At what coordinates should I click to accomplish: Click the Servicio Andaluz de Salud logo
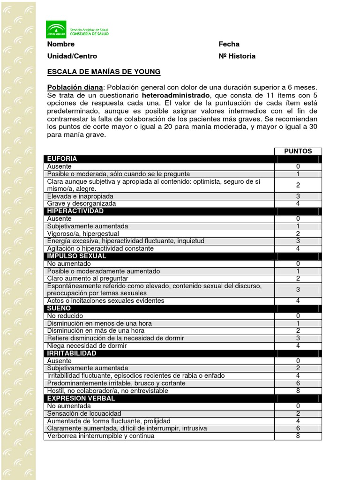click(x=77, y=30)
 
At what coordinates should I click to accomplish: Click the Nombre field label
click(x=61, y=44)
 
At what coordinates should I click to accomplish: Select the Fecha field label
click(x=229, y=44)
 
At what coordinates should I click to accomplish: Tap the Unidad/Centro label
click(x=72, y=56)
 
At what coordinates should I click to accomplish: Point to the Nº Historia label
click(x=237, y=56)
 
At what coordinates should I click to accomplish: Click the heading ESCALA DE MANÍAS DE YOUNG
click(x=104, y=72)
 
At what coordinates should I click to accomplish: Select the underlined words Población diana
click(x=75, y=87)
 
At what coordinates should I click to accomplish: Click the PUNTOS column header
click(x=298, y=151)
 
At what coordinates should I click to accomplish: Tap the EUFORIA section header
click(x=62, y=159)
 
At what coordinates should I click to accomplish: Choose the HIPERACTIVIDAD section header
click(x=75, y=211)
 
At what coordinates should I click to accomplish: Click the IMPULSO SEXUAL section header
click(x=77, y=256)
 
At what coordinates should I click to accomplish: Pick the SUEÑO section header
click(x=59, y=308)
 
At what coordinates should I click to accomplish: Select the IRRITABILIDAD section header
click(x=72, y=353)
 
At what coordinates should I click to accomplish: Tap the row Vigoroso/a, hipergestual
click(x=83, y=234)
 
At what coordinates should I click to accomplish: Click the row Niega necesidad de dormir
click(x=87, y=346)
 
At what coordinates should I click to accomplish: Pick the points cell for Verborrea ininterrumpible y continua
click(x=298, y=436)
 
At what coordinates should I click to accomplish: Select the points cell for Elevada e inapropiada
click(x=298, y=196)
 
